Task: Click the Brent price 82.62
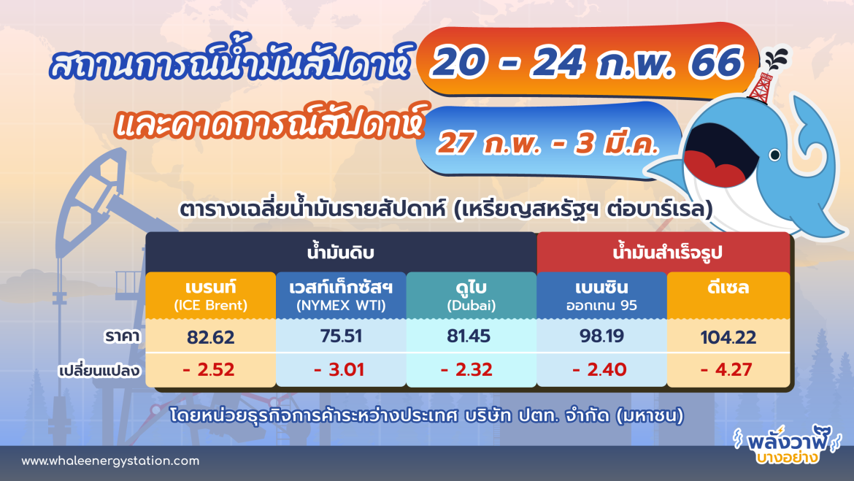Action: [x=210, y=337]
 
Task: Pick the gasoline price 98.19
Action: [x=601, y=337]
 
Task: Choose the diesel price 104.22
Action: [x=728, y=337]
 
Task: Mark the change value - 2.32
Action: [x=469, y=370]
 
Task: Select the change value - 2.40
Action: [x=600, y=370]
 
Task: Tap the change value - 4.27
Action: [x=728, y=370]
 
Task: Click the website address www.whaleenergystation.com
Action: [x=110, y=461]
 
